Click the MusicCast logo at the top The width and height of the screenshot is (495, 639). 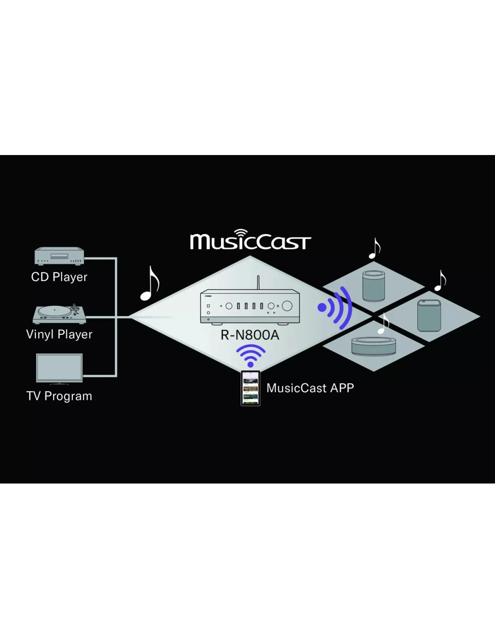250,240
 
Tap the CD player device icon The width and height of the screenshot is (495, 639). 59,256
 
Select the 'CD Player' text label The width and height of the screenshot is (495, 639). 59,277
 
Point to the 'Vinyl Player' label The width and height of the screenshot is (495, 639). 59,334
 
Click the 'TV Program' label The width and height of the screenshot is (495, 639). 59,396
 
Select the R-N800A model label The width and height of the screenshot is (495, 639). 250,335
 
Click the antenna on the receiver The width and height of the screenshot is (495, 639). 258,283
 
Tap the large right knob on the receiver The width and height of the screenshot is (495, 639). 287,306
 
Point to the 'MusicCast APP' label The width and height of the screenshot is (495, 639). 310,388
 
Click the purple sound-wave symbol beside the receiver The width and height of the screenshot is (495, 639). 335,308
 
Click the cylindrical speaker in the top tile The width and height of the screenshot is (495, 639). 374,286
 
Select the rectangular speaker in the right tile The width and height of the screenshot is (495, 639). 429,315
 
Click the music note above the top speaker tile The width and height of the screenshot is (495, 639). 374,248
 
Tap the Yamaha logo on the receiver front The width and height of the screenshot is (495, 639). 208,296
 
